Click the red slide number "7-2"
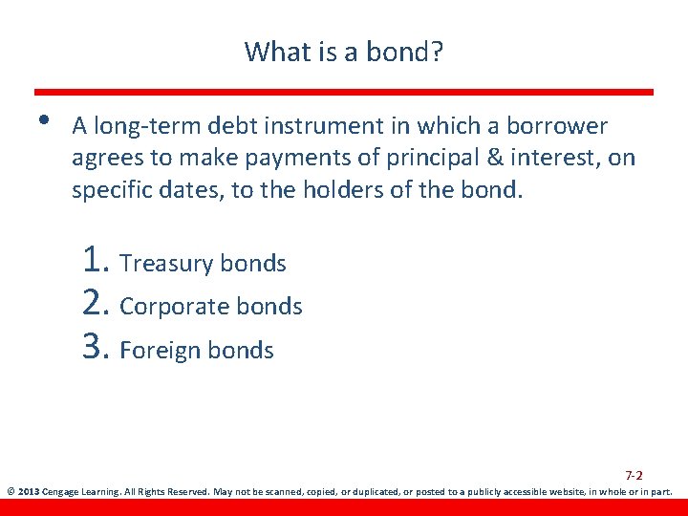pos(634,475)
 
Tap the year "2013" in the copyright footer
pos(28,493)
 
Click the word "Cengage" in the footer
pos(62,493)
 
